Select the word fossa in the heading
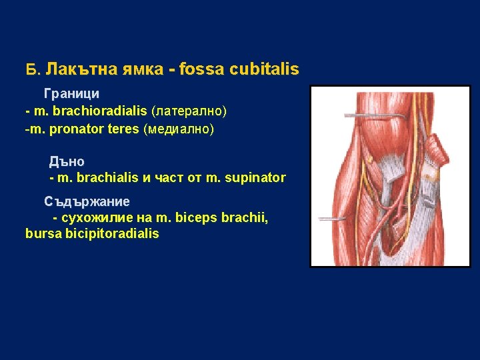click(208, 69)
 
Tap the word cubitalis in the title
click(266, 69)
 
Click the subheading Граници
click(71, 94)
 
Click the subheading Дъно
click(67, 162)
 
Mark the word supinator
click(257, 178)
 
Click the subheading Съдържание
click(87, 201)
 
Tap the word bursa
click(41, 234)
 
